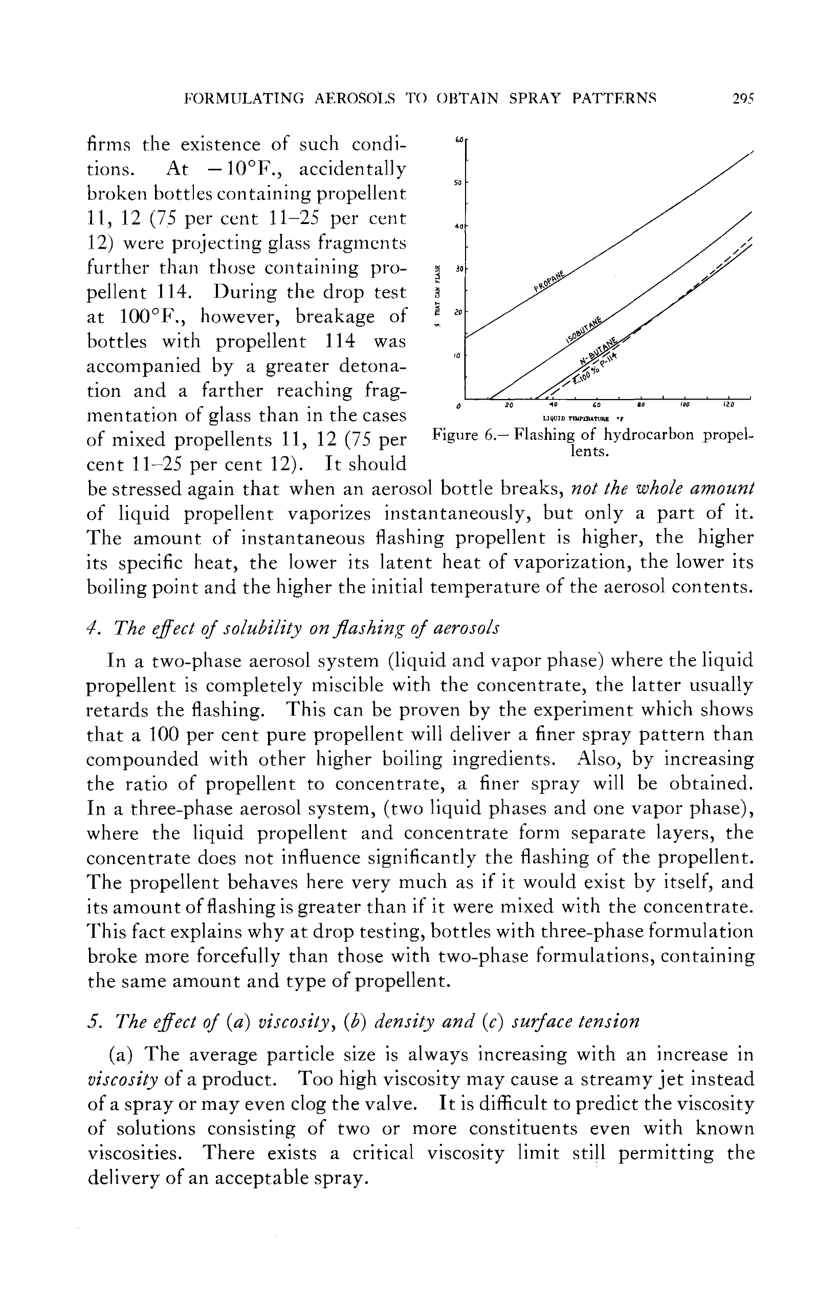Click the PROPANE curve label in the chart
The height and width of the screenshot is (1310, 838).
click(x=549, y=280)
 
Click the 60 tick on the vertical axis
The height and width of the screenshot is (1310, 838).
click(x=459, y=140)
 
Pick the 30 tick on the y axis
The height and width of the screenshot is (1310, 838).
click(x=459, y=269)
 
